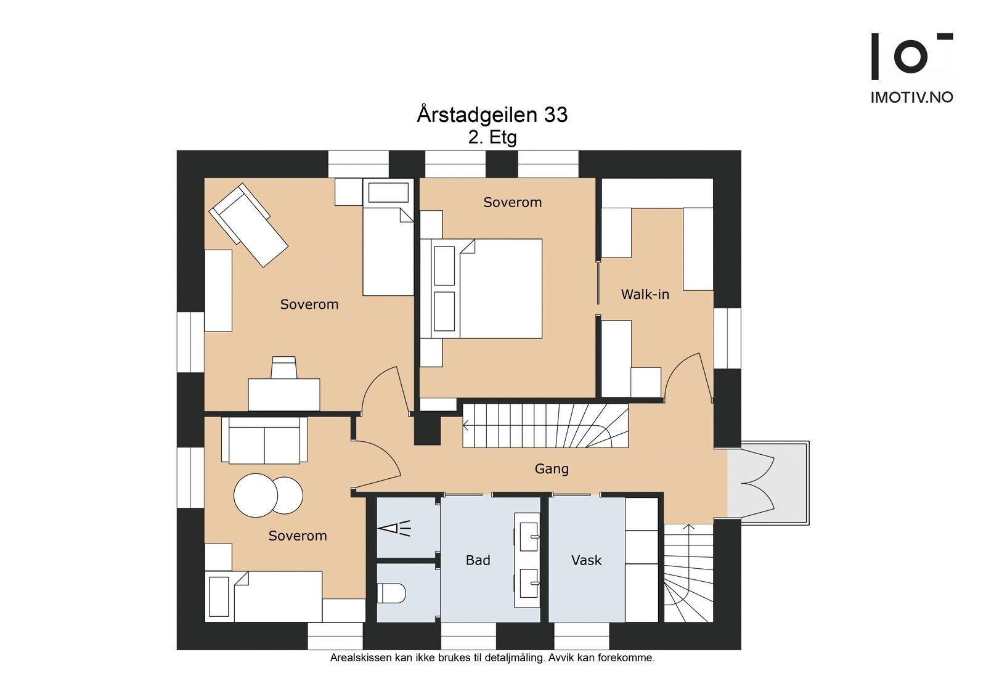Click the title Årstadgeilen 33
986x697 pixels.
[492, 115]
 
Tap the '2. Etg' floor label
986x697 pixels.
[492, 138]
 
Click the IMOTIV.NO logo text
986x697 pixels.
[912, 97]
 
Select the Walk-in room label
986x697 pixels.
[645, 294]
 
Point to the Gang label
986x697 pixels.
[552, 469]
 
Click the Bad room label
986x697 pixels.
[478, 560]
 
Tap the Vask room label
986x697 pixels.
[586, 560]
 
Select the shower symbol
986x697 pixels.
[395, 528]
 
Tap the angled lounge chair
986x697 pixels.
[248, 225]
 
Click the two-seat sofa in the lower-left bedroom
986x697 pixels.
[264, 440]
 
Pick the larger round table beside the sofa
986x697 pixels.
[256, 495]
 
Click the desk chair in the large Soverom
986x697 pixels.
[283, 368]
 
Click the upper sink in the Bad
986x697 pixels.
[529, 537]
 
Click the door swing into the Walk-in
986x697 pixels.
[688, 377]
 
